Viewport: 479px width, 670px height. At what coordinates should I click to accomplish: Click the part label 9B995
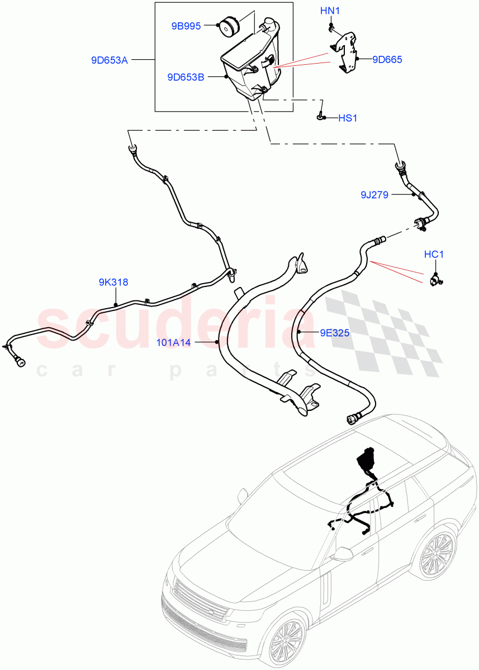(x=186, y=25)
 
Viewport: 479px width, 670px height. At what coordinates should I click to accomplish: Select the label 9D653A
(x=110, y=60)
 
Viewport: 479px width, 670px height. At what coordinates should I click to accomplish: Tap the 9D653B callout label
(x=186, y=78)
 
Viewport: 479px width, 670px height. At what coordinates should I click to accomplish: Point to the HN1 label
(x=330, y=11)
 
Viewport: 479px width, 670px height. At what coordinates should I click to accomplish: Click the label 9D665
(x=387, y=59)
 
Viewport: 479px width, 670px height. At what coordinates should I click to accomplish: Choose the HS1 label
(x=348, y=118)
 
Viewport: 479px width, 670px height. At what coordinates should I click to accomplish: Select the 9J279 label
(x=374, y=194)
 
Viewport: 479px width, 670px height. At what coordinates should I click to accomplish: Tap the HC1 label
(x=433, y=255)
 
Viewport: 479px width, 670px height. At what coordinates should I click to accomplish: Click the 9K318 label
(x=113, y=283)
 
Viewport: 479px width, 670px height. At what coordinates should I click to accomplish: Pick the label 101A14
(x=174, y=342)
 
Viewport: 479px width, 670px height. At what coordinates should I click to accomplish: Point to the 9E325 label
(x=334, y=333)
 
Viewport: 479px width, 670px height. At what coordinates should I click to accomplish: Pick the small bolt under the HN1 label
(x=331, y=26)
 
